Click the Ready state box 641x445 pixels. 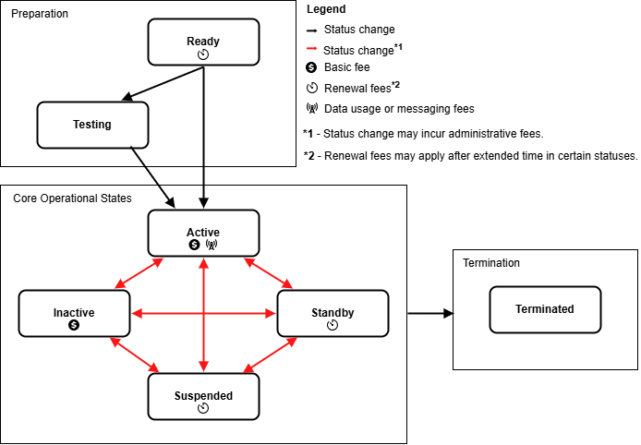click(x=203, y=42)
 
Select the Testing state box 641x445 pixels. click(x=92, y=125)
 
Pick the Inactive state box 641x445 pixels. click(x=74, y=314)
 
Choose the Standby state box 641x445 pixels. click(x=333, y=314)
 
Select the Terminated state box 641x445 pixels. click(x=545, y=309)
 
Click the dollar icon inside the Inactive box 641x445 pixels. click(x=74, y=325)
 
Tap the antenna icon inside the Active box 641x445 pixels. click(x=211, y=245)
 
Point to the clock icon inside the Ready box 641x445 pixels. click(x=203, y=55)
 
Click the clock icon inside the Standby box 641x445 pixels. click(x=333, y=325)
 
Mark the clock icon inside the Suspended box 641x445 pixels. click(x=203, y=408)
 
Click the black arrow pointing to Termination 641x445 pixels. click(x=430, y=314)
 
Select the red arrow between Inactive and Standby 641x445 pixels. click(x=203, y=314)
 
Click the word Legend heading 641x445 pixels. click(x=326, y=9)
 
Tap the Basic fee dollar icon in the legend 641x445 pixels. click(x=311, y=68)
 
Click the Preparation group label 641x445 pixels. click(x=40, y=14)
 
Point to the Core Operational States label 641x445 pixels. click(x=71, y=198)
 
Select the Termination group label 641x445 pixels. click(x=491, y=263)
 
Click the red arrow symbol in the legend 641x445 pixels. click(x=312, y=50)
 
